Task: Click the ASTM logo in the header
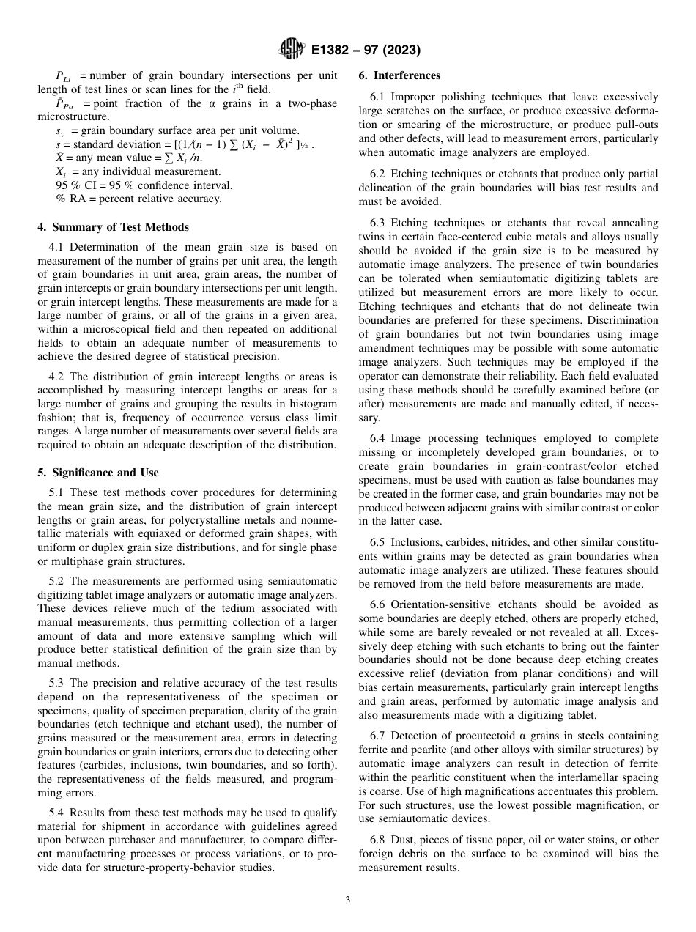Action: point(292,50)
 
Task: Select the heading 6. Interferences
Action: point(399,75)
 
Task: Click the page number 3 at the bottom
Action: point(347,900)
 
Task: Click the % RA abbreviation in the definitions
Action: point(70,199)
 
